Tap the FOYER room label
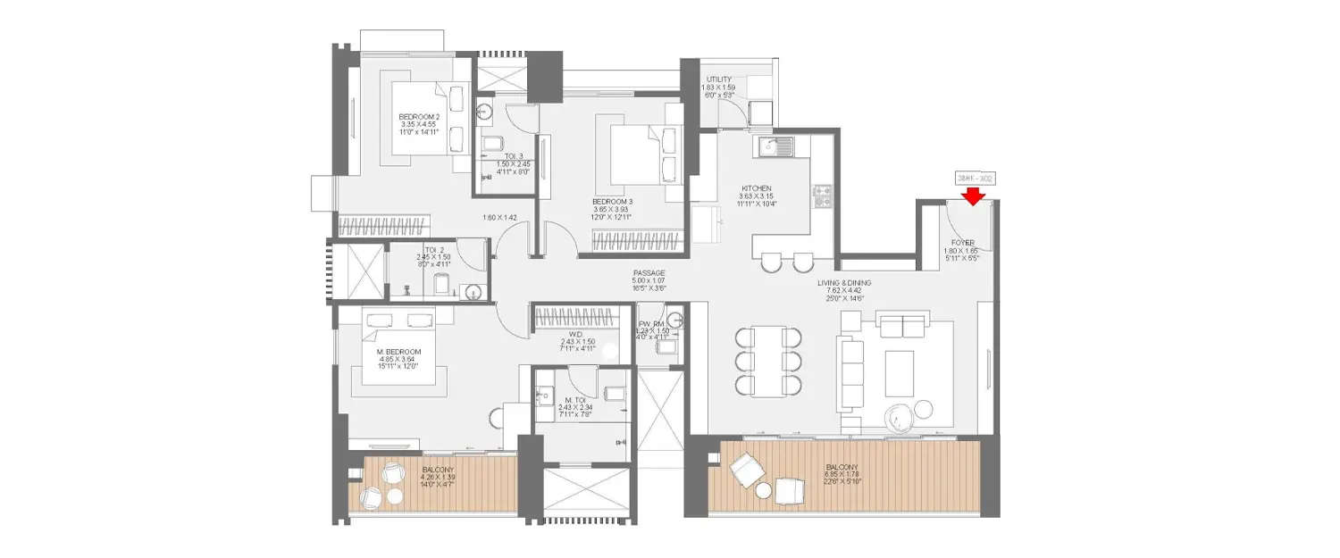[x=962, y=242]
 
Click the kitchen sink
[x=774, y=146]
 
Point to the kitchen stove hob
[x=822, y=196]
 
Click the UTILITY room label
[x=719, y=79]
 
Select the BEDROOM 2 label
[x=418, y=117]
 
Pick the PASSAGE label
[x=649, y=273]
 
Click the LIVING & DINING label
[x=844, y=283]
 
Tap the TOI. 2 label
[x=434, y=250]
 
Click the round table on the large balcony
[x=763, y=490]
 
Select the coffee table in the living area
[x=899, y=373]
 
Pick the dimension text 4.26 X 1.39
[x=439, y=478]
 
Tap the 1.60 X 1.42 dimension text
[x=500, y=218]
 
